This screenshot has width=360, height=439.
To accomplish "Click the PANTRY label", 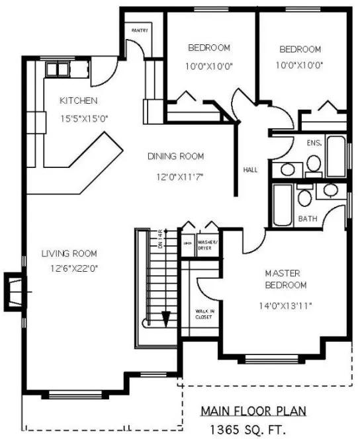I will [x=139, y=30].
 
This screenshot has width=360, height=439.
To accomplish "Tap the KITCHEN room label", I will [x=79, y=101].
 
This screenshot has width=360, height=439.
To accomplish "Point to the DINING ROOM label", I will [x=175, y=157].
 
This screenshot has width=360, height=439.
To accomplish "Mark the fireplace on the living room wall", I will [x=14, y=291].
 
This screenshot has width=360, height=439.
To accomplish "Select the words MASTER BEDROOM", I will [x=285, y=279].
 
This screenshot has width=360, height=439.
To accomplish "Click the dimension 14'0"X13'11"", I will [x=285, y=305].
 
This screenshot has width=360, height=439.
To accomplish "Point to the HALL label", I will [x=250, y=169].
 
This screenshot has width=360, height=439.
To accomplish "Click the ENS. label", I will [x=314, y=143].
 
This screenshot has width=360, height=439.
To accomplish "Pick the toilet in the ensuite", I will [x=312, y=163].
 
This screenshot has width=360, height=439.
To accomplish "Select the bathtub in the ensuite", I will [x=336, y=156].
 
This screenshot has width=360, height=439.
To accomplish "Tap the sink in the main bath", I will [x=329, y=192].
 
